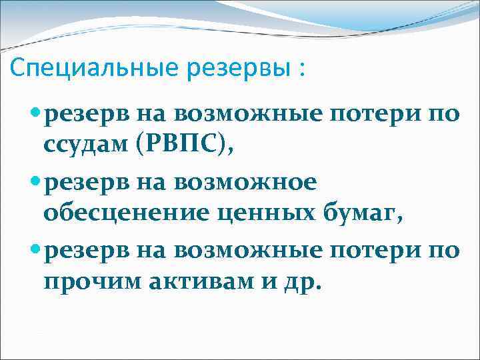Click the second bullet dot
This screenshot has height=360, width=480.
pyautogui.click(x=36, y=182)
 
